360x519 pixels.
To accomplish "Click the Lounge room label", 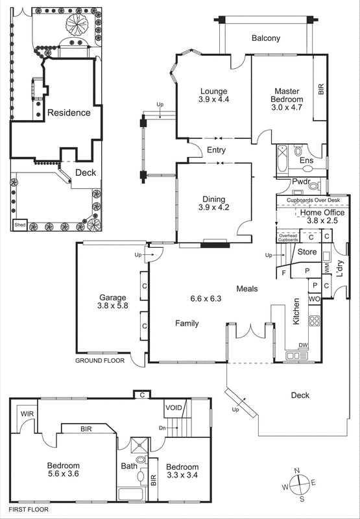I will [214, 91].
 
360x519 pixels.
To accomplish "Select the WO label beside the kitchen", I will [314, 299].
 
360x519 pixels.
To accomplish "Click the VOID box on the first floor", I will [174, 407].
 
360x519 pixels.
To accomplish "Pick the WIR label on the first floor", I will [27, 413].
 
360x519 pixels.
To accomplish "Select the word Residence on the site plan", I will [68, 112].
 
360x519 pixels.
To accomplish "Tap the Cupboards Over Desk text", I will [313, 200].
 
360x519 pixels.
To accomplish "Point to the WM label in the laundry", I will [328, 267].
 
